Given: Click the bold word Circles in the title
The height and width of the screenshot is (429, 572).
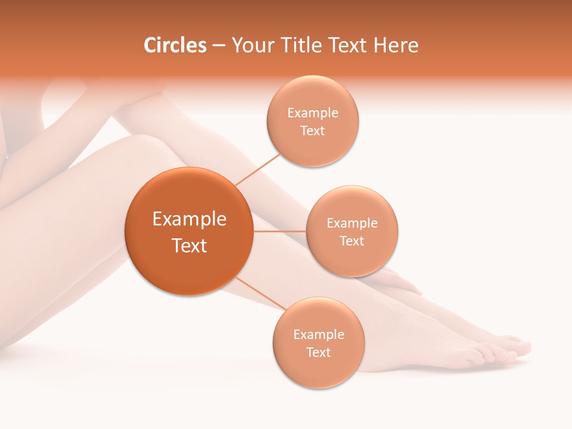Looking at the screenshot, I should click(175, 45).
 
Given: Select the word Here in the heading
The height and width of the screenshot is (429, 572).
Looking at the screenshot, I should click(397, 45).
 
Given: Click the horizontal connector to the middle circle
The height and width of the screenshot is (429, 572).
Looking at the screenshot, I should click(279, 231).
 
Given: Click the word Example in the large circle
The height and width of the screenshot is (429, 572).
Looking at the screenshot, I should click(189, 219).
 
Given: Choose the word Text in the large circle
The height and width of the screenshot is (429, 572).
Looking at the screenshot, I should click(189, 245).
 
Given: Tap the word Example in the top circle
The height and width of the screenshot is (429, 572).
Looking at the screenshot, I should click(312, 113).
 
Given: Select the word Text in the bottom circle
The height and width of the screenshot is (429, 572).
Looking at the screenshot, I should click(318, 352).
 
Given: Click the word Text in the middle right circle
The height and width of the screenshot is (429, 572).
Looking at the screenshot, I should click(352, 241).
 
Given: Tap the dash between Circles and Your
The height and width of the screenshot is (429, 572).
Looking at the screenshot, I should click(219, 46).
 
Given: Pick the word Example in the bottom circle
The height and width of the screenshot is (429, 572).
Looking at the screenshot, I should click(318, 334).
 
